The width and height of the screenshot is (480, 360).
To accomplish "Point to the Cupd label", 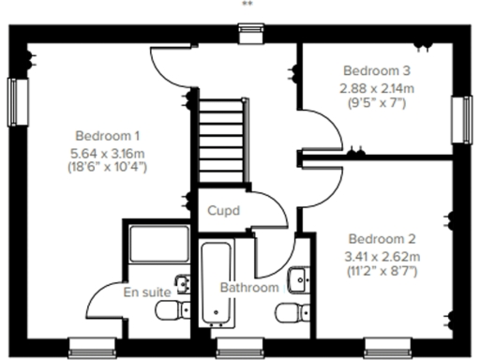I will pyautogui.click(x=225, y=211).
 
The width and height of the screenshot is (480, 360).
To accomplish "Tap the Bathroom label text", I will pyautogui.click(x=248, y=288).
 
